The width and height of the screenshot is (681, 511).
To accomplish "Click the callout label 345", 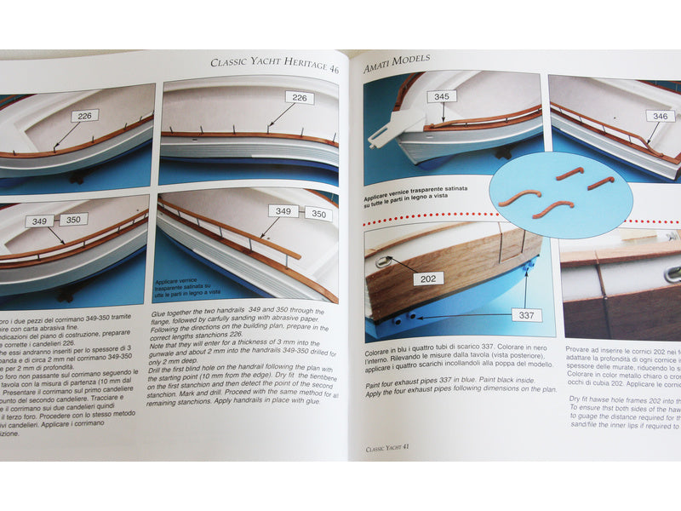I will click(x=442, y=97).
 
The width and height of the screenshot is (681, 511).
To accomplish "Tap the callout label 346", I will click(x=659, y=116).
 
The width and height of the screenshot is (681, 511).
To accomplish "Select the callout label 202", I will click(x=429, y=278).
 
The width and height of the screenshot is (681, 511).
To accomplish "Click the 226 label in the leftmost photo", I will click(x=84, y=115).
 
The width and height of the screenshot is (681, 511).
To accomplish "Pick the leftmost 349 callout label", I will click(x=38, y=221).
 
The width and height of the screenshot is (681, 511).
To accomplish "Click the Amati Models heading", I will click(x=397, y=62).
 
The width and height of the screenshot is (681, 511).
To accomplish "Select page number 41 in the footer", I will click(x=407, y=448).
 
